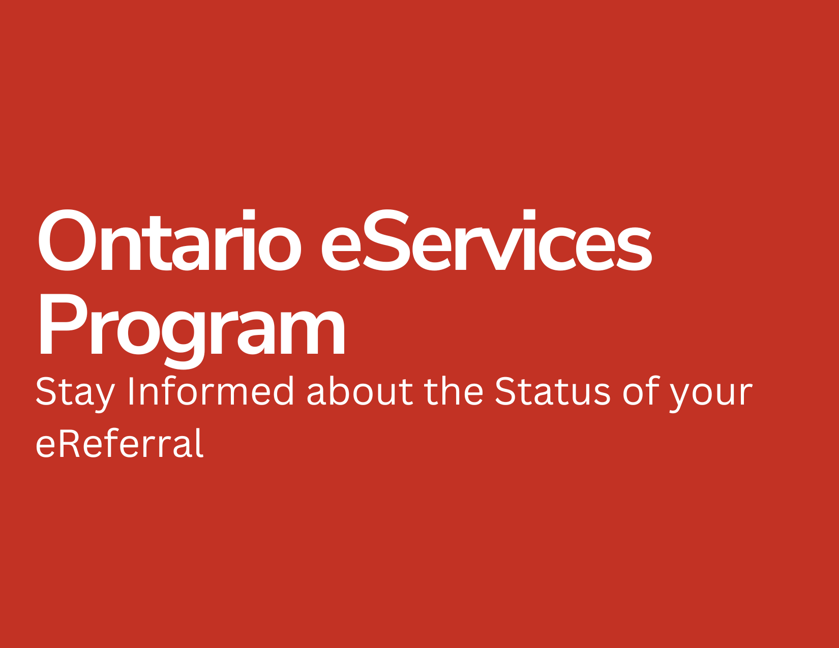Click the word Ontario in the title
click(x=169, y=240)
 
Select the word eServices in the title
click(x=487, y=240)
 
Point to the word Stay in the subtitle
click(x=75, y=393)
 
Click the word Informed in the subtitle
click(x=211, y=390)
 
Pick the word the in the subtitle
click(x=454, y=390)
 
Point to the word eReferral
click(x=119, y=442)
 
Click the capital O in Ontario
click(x=67, y=240)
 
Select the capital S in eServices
click(x=386, y=240)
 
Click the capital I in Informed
click(x=131, y=390)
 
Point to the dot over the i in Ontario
click(x=249, y=214)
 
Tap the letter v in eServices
click(x=500, y=248)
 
